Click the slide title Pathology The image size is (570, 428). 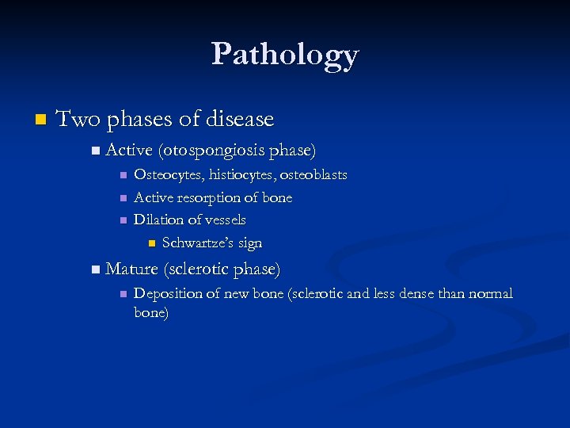point(285,55)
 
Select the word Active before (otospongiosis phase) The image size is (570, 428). point(130,150)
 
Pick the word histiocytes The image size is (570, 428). point(241,174)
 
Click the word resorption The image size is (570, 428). point(211,197)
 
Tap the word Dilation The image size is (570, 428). point(158,220)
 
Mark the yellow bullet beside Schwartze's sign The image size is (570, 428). point(152,243)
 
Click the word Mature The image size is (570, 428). point(131,269)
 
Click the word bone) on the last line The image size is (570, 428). point(151,313)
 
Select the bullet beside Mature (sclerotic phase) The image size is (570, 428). point(96,269)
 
